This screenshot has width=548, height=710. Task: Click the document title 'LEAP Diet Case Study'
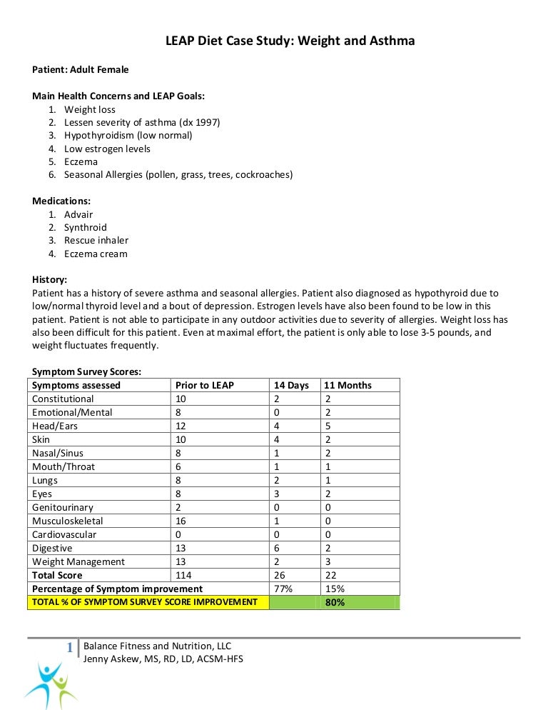pos(290,41)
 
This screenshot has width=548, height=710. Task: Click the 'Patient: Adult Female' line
pos(81,69)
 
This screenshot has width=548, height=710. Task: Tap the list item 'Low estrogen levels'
pos(107,149)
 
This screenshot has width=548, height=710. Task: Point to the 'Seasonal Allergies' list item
pos(178,174)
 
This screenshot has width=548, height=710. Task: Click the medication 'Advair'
pos(78,214)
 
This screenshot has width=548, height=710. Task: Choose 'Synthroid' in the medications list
pos(85,227)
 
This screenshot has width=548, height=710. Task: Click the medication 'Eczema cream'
pos(96,254)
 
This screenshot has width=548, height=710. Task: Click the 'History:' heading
pos(50,279)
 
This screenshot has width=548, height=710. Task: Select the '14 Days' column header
pos(291,385)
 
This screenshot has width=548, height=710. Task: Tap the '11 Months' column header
pos(347,385)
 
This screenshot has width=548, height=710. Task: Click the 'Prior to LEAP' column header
pos(204,385)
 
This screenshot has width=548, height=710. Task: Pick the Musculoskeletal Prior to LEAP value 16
pos(181,521)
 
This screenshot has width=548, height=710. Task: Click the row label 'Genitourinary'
pos(62,507)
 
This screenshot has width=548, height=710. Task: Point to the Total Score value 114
pos(183,575)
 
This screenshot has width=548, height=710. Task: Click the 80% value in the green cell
pos(335,602)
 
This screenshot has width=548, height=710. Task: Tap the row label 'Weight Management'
pos(78,561)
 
